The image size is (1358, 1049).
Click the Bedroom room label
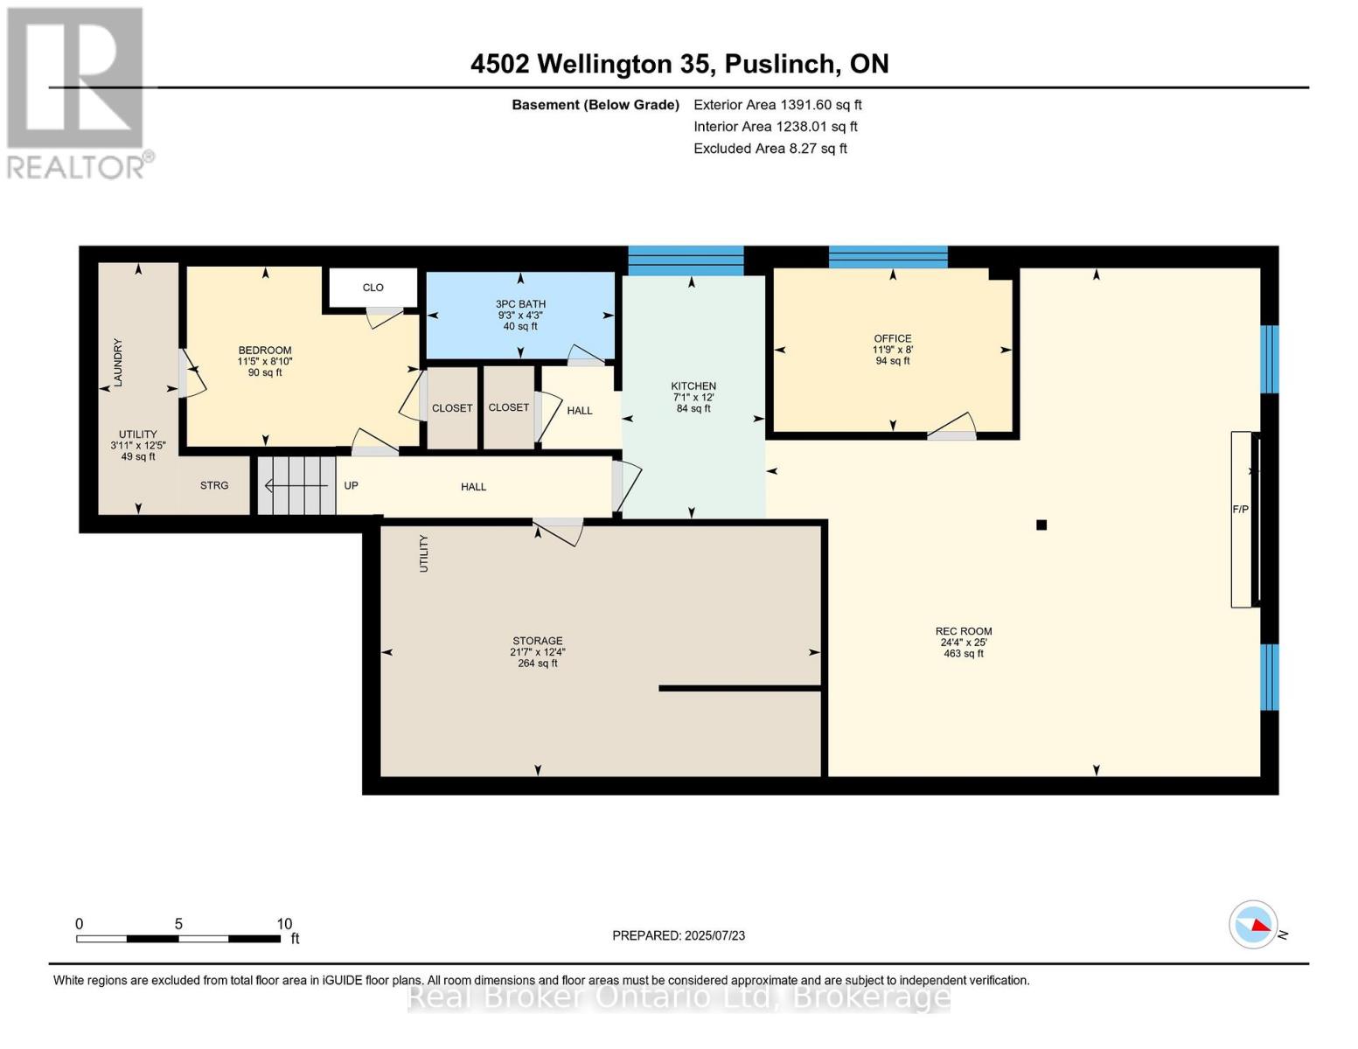(x=264, y=351)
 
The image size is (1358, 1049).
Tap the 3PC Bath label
(x=520, y=304)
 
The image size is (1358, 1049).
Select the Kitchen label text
(x=693, y=386)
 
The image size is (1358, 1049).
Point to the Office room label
(x=893, y=339)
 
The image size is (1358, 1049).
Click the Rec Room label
(x=964, y=631)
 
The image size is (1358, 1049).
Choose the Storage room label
(x=537, y=641)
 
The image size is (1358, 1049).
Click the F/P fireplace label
(x=1240, y=509)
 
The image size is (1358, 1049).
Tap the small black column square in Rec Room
(x=1041, y=525)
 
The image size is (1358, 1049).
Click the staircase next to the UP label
(x=296, y=485)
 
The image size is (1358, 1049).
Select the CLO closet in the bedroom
(x=373, y=288)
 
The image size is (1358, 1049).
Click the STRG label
(x=214, y=485)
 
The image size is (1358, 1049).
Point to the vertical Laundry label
(x=118, y=362)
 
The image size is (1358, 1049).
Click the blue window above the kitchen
(x=686, y=260)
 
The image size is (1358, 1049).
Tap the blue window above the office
(x=888, y=257)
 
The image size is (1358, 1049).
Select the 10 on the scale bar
(x=284, y=924)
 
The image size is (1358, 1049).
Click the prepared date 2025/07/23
(x=714, y=935)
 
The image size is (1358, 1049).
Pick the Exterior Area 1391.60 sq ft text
(x=777, y=105)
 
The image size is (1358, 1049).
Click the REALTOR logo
(x=77, y=92)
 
